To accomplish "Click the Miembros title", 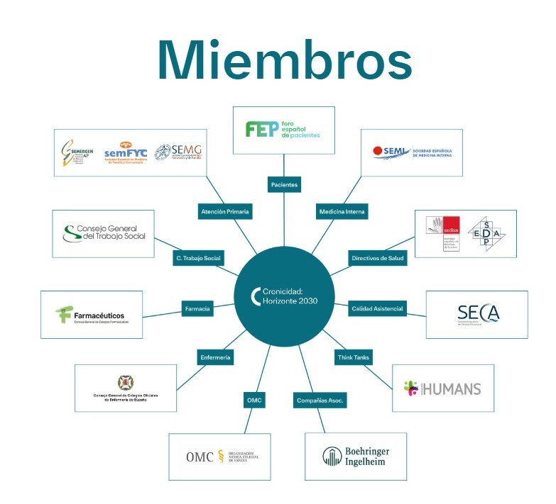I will (x=284, y=60).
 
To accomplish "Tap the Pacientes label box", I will (x=284, y=185).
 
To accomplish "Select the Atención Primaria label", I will (x=224, y=211).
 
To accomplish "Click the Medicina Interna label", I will (x=342, y=211).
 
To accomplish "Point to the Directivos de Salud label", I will (x=377, y=258).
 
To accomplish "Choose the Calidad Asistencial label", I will (x=377, y=308).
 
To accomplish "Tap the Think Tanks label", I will (x=353, y=358).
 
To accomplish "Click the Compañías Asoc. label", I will (x=320, y=401).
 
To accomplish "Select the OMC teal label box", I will (x=254, y=401).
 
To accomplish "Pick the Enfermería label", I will (x=215, y=358).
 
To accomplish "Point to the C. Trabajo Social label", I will (x=197, y=258).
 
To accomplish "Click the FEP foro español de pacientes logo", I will (x=283, y=130).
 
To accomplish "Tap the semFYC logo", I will (x=125, y=150).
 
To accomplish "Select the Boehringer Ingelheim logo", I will (x=356, y=456).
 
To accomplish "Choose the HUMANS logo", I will (x=442, y=388).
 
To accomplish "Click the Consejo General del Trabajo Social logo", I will (x=103, y=233).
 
